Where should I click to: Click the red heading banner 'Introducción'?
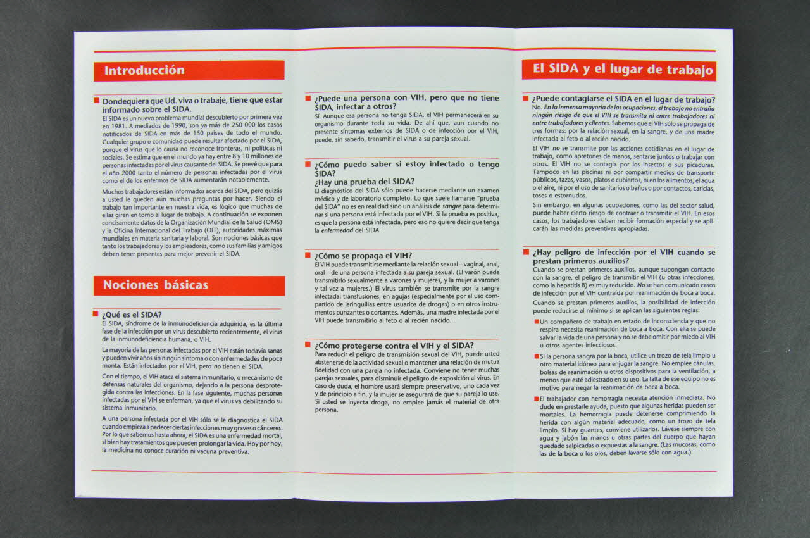point(189,70)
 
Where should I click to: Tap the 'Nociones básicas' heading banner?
point(189,285)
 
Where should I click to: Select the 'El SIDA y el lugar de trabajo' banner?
point(619,70)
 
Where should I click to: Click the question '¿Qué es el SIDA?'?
point(132,315)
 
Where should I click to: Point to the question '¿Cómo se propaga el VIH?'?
point(363,256)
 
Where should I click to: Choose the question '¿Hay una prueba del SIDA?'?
point(364,182)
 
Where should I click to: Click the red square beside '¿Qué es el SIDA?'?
point(96,313)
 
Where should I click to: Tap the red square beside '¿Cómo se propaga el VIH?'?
point(308,254)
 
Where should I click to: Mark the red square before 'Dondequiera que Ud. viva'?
point(97,100)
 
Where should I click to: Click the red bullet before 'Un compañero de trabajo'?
point(537,322)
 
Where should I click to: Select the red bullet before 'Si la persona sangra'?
point(537,356)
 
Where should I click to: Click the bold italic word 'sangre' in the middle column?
point(452,206)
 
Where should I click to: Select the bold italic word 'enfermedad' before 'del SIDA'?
point(337,230)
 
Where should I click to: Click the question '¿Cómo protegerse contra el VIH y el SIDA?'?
point(394,346)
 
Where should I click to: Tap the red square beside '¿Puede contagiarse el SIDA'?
point(525,98)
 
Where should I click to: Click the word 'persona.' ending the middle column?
point(326,410)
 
